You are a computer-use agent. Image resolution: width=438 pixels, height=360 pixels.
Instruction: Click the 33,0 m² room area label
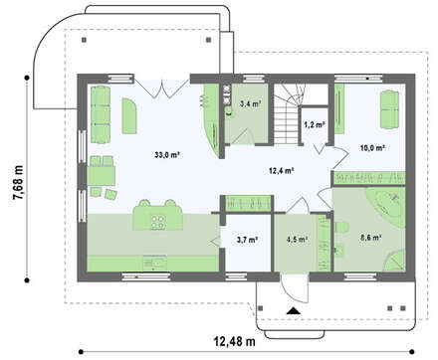pos(167,154)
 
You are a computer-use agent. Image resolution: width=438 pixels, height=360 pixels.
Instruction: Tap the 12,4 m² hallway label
pos(282,171)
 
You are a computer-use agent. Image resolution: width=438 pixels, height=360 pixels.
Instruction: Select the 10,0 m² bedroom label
pos(372,148)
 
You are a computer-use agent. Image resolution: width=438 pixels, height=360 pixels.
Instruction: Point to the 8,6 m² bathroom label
pos(370,237)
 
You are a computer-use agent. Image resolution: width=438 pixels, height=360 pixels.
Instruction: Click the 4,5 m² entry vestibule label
pos(297,240)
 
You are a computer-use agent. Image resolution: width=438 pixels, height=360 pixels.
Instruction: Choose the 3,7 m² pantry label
pos(248,240)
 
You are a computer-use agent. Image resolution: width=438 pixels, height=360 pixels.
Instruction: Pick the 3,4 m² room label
pos(250,103)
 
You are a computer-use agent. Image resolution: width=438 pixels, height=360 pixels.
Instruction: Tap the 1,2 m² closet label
pos(314,124)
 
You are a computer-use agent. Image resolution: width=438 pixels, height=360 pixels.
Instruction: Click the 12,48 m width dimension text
pos(234,341)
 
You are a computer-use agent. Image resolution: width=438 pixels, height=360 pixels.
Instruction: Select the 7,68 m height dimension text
pos(18,183)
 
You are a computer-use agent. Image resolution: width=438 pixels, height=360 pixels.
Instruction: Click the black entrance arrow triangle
pos(293,310)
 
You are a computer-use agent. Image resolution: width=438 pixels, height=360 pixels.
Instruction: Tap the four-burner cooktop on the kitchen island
pos(158,222)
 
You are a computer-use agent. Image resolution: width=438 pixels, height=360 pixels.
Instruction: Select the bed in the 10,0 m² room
pos(389,109)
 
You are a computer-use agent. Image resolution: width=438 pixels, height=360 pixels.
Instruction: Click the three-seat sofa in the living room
pos(101,114)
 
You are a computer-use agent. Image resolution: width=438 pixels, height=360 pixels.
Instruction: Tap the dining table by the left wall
pos(101,176)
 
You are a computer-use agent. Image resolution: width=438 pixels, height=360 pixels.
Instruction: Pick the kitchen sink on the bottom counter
pos(154,264)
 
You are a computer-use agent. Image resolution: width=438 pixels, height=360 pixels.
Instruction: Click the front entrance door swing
pos(295,288)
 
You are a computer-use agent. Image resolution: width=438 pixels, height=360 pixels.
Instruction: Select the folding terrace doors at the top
pos(162,88)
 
